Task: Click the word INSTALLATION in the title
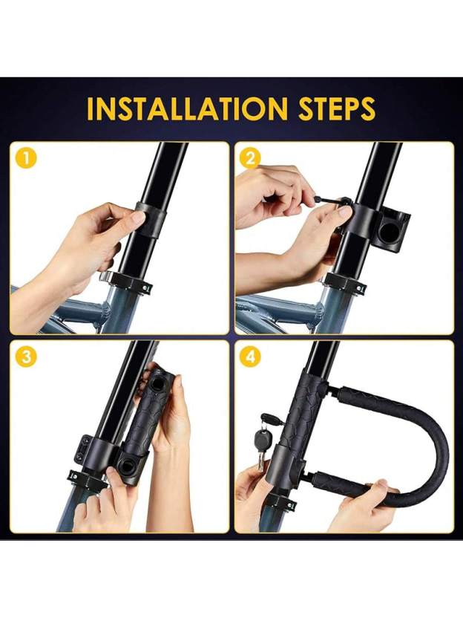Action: click(x=185, y=108)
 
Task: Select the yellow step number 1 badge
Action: click(x=26, y=158)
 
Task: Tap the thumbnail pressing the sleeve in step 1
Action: click(x=138, y=218)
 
